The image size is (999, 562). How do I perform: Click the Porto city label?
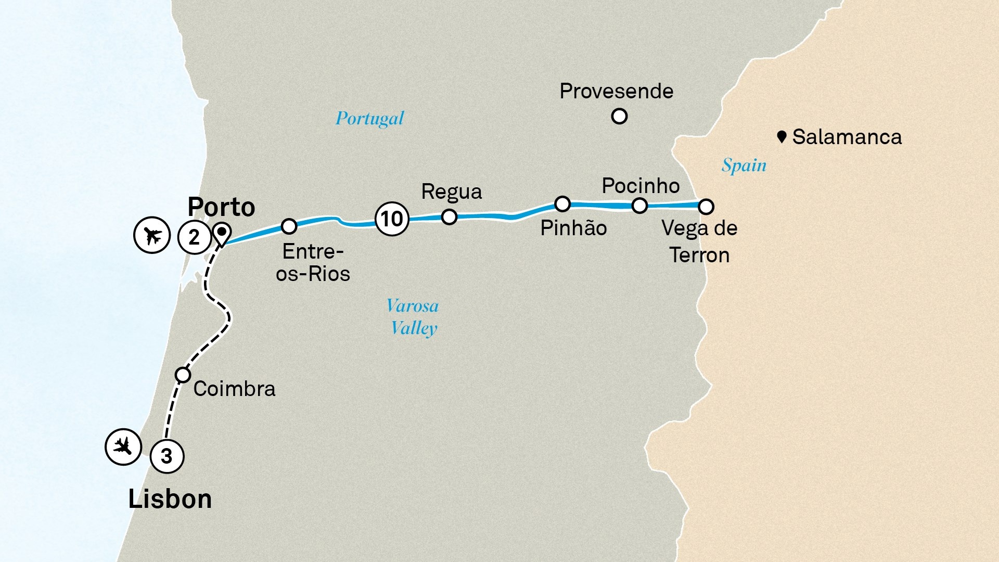(x=221, y=207)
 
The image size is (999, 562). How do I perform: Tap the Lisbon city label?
(x=170, y=499)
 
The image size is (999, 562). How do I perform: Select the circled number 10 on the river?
(x=392, y=219)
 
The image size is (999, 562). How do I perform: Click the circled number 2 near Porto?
(x=194, y=237)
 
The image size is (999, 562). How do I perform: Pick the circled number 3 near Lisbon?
(x=166, y=456)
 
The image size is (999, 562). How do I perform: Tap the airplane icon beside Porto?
(x=152, y=235)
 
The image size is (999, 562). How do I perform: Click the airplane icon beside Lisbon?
(x=123, y=446)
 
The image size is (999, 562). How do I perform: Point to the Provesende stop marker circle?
(x=619, y=116)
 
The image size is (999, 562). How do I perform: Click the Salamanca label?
(x=847, y=137)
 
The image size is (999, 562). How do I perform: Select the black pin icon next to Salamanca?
(x=781, y=137)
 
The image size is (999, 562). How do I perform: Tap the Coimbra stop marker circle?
(x=183, y=375)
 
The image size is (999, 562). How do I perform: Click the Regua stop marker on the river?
(x=449, y=216)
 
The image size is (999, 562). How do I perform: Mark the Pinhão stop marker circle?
(x=562, y=203)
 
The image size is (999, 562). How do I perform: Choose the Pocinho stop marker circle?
(x=639, y=206)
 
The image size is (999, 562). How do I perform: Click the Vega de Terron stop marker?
(x=706, y=207)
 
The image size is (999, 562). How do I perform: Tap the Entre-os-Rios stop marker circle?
(x=289, y=226)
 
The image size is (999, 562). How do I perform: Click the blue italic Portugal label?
(x=369, y=119)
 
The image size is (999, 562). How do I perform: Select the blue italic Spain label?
(x=744, y=165)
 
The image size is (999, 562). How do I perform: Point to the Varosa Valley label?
(x=413, y=317)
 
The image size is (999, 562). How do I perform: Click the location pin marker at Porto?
(x=222, y=233)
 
